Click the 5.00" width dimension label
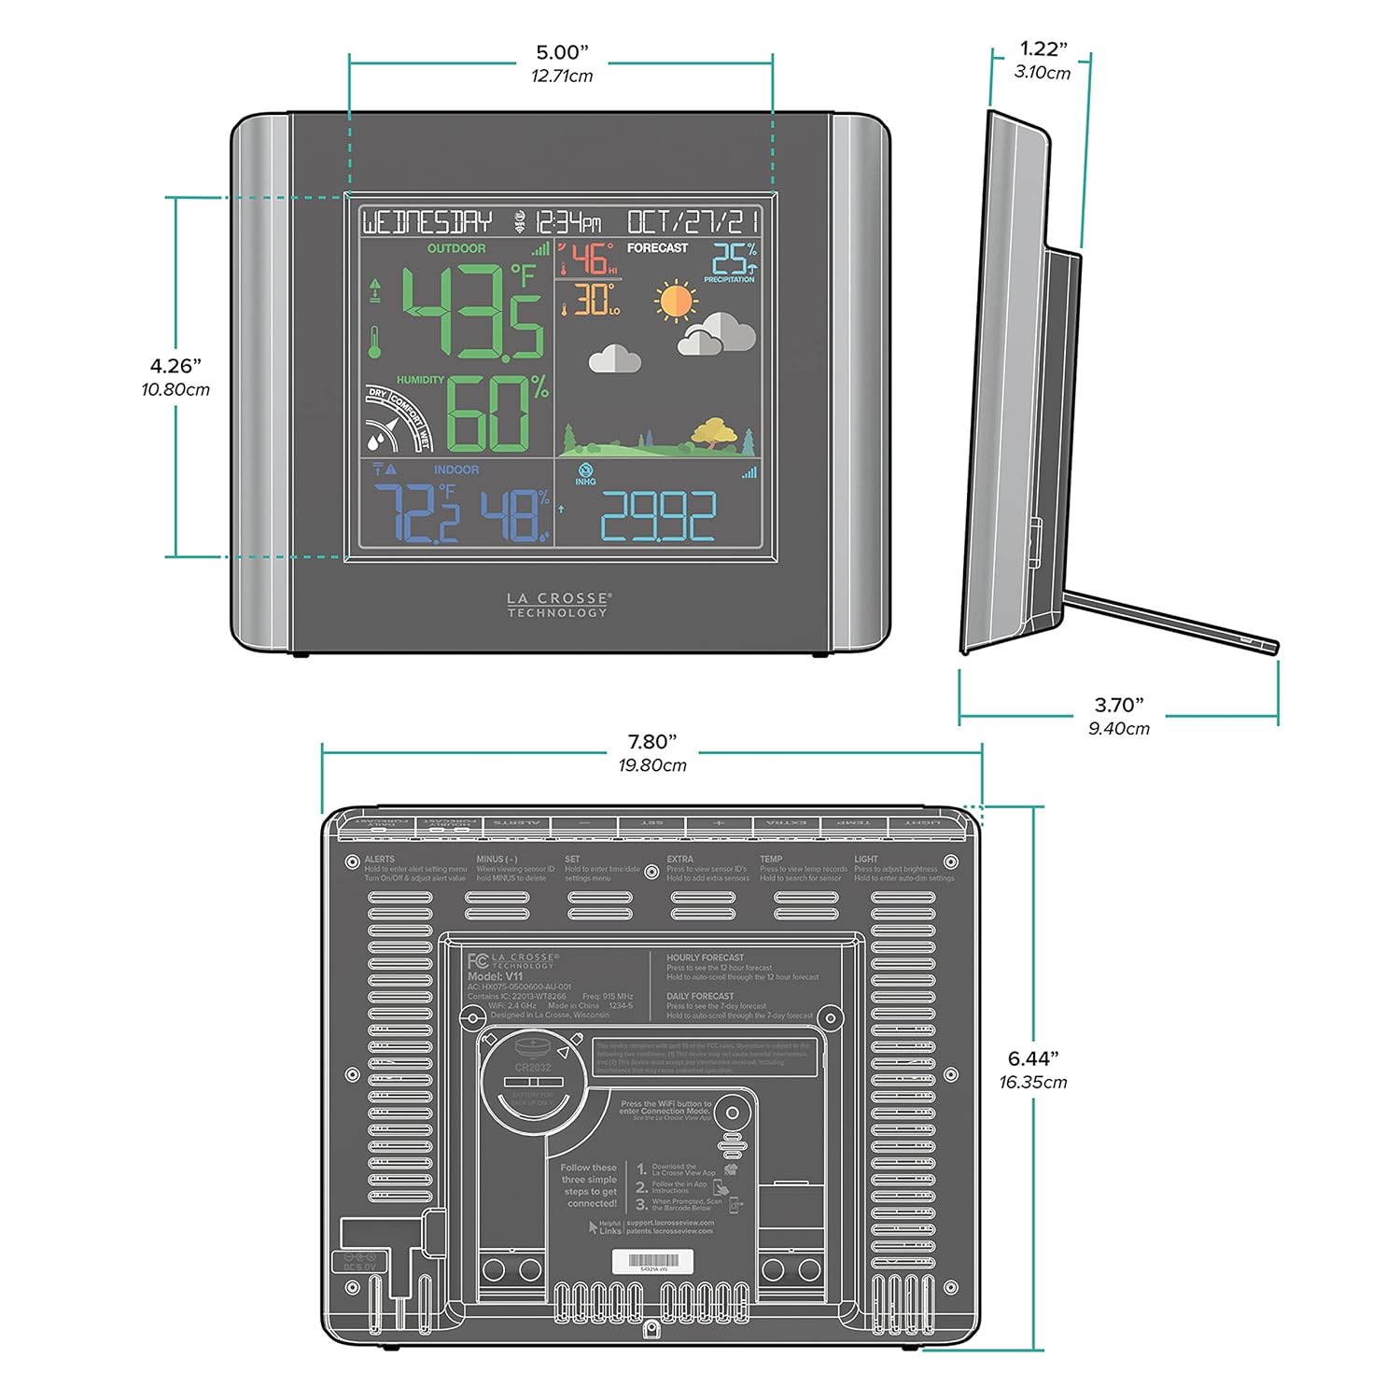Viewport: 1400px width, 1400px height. (562, 53)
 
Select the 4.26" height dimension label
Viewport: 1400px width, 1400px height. (175, 366)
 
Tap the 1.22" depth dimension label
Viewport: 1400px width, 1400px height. (1043, 49)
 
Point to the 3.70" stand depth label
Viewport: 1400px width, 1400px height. (1119, 706)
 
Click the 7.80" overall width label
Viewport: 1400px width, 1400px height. (651, 742)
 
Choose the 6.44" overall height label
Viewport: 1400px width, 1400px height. (1032, 1058)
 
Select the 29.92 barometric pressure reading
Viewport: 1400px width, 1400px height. (658, 516)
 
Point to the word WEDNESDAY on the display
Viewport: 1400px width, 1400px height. (427, 222)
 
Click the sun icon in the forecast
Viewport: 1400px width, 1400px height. (675, 301)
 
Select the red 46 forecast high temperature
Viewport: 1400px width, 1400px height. (590, 259)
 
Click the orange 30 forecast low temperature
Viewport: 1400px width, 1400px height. (592, 300)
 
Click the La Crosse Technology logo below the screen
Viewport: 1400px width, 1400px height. (558, 605)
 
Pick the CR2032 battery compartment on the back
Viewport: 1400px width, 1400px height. (532, 1083)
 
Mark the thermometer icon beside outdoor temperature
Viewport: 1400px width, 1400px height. (375, 342)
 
